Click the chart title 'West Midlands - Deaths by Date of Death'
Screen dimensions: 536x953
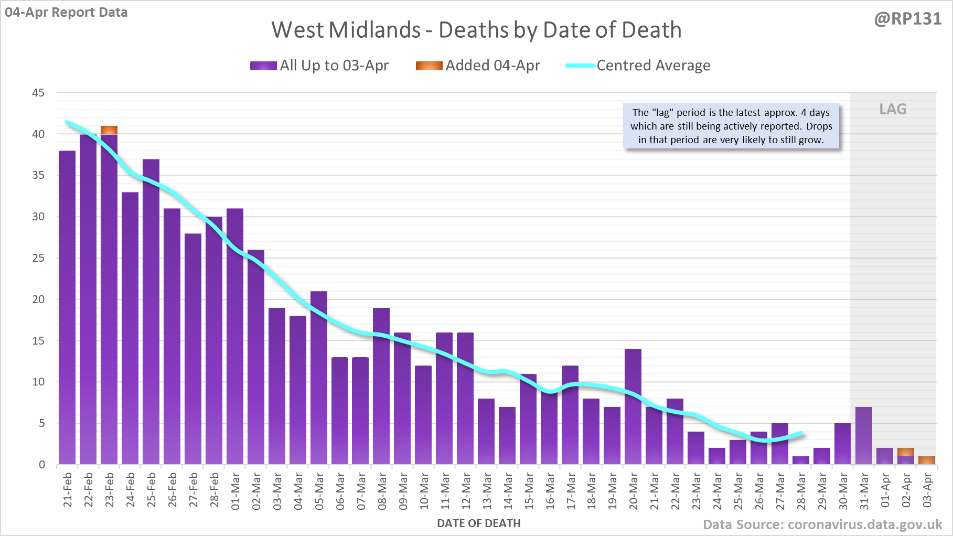click(476, 30)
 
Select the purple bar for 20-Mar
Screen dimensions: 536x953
click(633, 406)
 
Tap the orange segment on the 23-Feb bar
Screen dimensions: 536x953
click(109, 130)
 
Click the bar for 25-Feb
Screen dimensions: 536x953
click(151, 312)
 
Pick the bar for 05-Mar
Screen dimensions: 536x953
click(319, 378)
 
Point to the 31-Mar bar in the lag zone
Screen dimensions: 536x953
click(864, 435)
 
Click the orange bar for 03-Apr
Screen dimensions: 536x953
click(927, 460)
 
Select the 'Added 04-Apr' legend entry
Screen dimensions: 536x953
click(478, 66)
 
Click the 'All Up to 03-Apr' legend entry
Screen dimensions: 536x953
click(319, 66)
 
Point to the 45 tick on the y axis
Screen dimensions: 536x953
click(38, 93)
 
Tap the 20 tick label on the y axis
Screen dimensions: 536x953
click(38, 299)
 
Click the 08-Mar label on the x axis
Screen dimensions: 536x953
click(382, 491)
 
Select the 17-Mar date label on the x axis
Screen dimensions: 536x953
click(571, 491)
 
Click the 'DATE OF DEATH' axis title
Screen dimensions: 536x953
click(478, 523)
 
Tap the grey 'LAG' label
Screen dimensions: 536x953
click(893, 109)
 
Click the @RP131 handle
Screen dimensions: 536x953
click(907, 19)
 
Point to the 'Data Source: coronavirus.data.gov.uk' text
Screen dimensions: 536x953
click(822, 524)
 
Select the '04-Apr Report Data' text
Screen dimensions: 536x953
click(67, 12)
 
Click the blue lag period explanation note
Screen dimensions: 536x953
click(731, 126)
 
